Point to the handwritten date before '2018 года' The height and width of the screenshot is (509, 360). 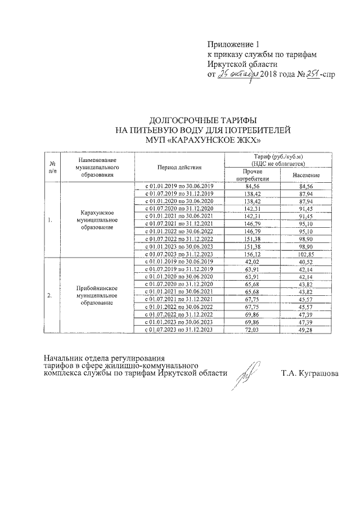pos(238,74)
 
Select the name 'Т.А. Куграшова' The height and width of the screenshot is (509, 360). pos(310,373)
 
